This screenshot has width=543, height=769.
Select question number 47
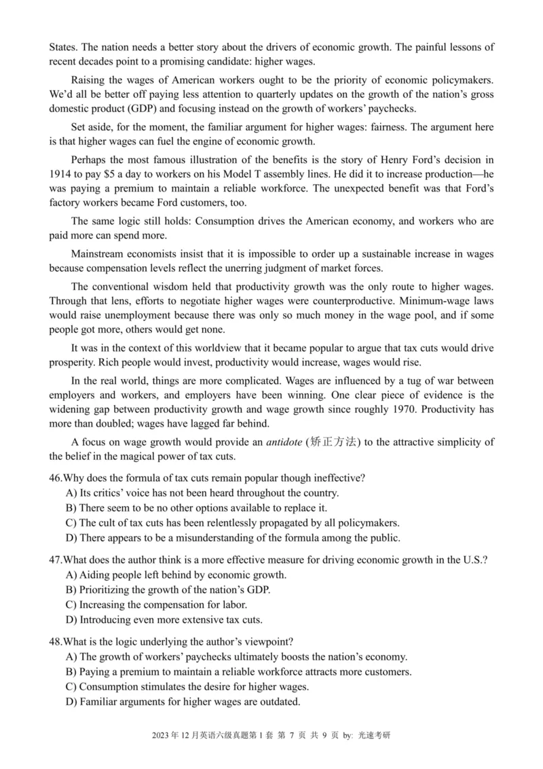pyautogui.click(x=56, y=559)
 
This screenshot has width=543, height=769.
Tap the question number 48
pyautogui.click(x=56, y=641)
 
